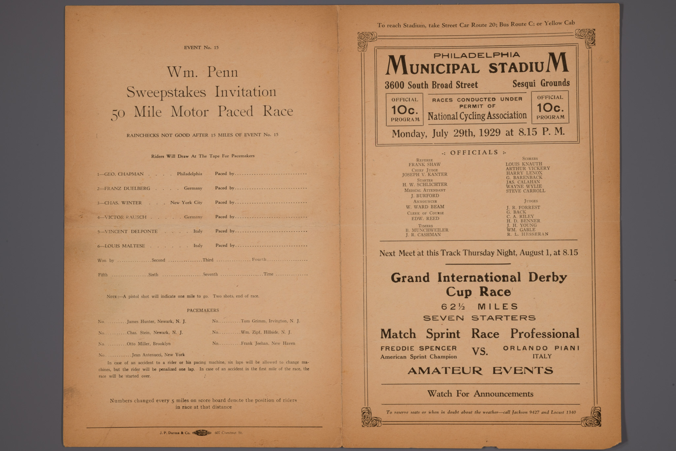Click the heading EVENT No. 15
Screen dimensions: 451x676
201,48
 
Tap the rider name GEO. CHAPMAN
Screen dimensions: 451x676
124,174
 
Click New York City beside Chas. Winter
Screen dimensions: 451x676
186,203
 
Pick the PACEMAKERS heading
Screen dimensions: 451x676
203,310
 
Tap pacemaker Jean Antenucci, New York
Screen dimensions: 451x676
158,355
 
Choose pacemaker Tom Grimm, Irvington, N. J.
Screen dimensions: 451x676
270,321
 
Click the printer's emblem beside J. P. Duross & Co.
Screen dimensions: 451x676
202,432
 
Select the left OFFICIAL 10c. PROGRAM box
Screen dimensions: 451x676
405,109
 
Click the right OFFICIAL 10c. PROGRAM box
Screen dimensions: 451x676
550,107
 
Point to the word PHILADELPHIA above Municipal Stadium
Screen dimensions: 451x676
476,56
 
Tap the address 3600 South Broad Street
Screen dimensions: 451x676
431,85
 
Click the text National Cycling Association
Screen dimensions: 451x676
477,116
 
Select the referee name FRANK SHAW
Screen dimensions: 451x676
424,165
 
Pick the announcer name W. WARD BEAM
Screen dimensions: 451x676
425,207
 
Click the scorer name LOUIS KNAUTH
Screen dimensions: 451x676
524,164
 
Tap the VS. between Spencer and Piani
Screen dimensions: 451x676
480,352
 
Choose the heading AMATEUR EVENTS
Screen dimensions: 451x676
480,371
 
